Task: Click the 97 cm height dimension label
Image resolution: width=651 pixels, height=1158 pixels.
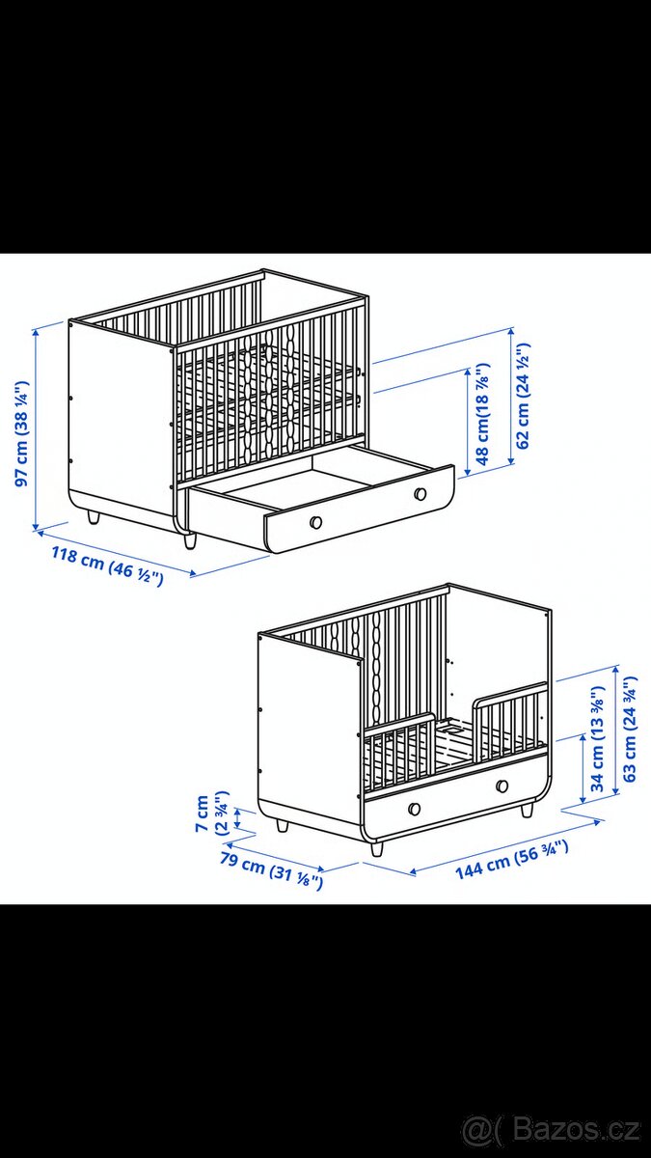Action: (x=21, y=433)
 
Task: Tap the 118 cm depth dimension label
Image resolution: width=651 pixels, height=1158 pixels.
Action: (x=107, y=566)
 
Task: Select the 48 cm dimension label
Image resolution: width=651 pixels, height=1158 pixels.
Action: (x=482, y=414)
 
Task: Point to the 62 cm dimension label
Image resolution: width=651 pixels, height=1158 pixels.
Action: (x=523, y=396)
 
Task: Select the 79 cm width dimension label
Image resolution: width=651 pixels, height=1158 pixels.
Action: (x=272, y=870)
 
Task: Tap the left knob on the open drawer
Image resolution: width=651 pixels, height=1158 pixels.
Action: (x=315, y=522)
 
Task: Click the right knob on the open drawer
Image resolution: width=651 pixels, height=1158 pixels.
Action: (x=420, y=493)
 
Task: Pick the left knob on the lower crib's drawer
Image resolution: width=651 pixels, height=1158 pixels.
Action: (x=414, y=809)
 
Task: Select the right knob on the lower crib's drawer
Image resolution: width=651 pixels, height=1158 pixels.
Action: (x=502, y=786)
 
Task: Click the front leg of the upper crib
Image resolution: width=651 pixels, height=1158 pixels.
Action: (x=190, y=540)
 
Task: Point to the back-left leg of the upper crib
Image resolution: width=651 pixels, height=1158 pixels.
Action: (x=93, y=517)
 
